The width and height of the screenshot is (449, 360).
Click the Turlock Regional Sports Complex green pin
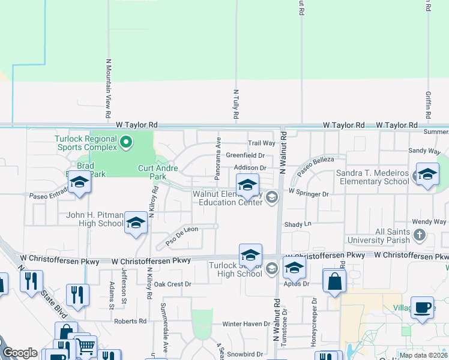click(125, 142)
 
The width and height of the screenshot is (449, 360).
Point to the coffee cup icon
click(423, 307)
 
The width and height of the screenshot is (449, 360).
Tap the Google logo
click(20, 353)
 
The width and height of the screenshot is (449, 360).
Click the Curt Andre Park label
click(158, 173)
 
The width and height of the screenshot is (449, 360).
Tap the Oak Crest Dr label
click(172, 284)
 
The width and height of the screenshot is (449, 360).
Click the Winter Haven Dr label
click(247, 324)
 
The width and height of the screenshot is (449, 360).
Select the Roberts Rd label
click(130, 321)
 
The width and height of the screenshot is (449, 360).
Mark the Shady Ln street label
click(298, 224)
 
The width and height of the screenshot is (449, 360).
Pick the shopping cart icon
click(85, 346)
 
